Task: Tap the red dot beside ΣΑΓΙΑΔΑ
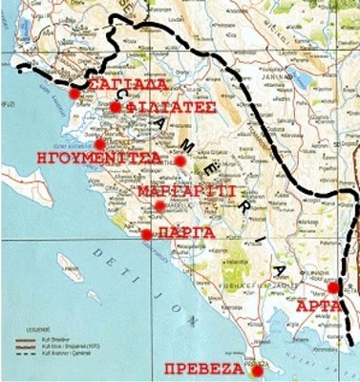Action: pos(75,94)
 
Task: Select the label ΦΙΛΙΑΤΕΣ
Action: pos(165,108)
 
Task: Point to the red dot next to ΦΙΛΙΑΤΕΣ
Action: pos(116,108)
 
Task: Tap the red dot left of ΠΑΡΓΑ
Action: pos(146,234)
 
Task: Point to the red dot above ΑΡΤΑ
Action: pos(332,287)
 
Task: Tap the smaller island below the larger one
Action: pos(94,298)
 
